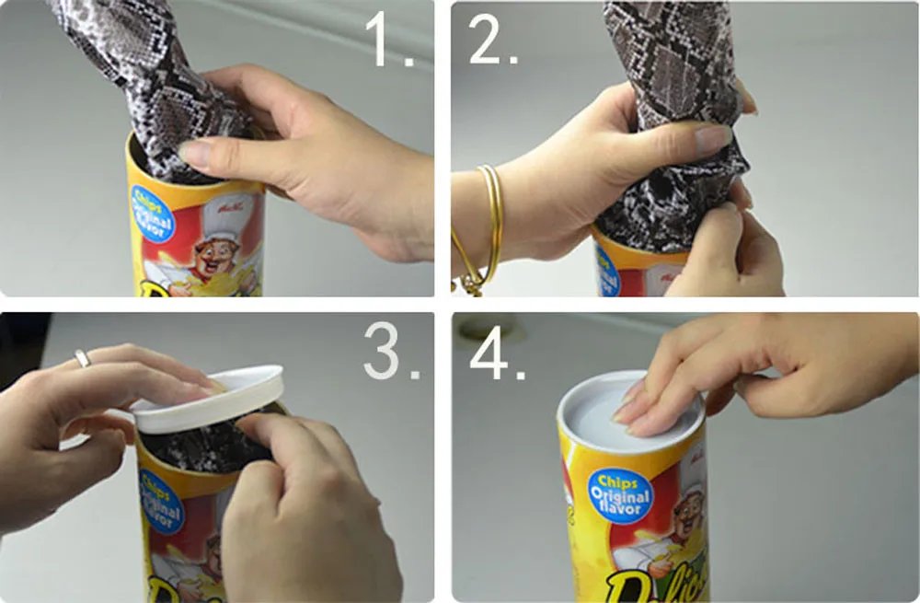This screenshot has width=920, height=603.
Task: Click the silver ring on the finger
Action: pyautogui.click(x=83, y=358)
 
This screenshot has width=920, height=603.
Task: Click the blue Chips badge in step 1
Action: pyautogui.click(x=152, y=213)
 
